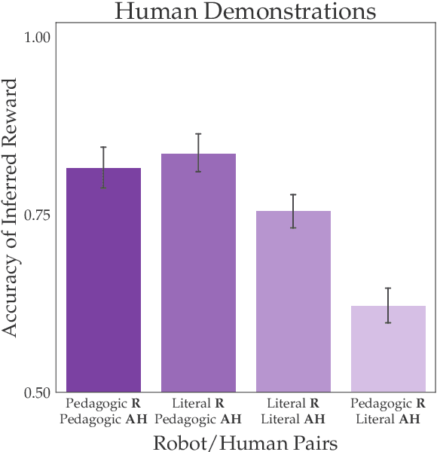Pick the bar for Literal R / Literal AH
point(293,301)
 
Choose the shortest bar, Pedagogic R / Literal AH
point(388,349)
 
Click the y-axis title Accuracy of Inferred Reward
point(11,215)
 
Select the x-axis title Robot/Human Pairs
point(245,441)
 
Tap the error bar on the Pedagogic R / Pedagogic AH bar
point(103,167)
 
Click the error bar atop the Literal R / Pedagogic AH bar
point(198,153)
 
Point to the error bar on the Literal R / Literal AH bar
point(293,211)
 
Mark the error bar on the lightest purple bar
point(388,305)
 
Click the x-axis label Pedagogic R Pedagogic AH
point(103,411)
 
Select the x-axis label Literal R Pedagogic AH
point(198,411)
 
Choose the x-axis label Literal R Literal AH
point(293,411)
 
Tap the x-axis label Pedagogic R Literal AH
point(388,411)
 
